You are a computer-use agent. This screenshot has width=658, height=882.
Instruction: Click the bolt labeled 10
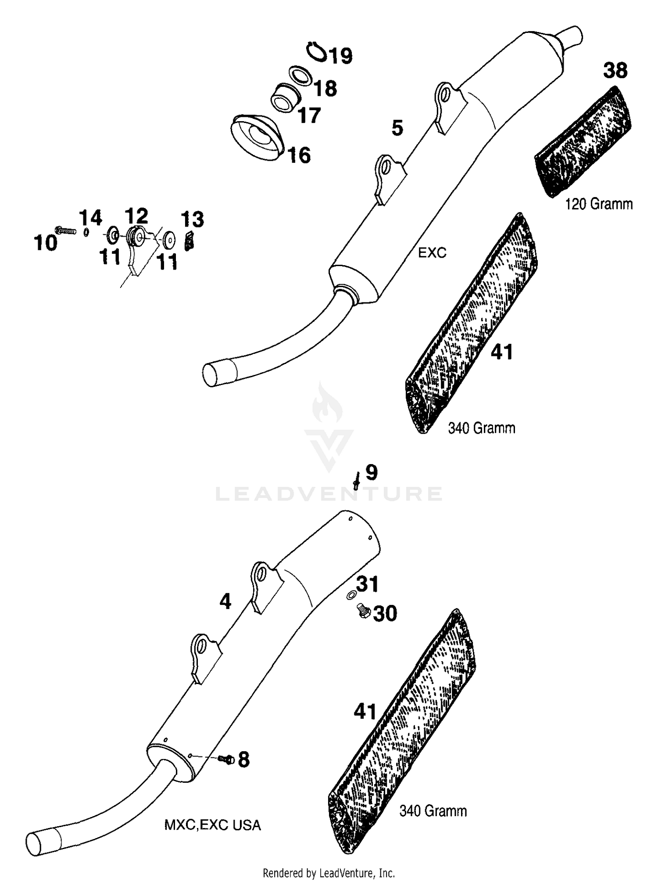65,230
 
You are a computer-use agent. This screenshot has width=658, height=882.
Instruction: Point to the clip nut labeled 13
189,241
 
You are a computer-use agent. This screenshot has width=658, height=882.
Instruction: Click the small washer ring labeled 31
351,596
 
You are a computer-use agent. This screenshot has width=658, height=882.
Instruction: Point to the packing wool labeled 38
583,141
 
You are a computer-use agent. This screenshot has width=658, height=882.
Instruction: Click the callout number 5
397,128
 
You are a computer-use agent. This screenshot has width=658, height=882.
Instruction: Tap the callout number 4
225,601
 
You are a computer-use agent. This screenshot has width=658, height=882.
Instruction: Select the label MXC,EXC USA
212,825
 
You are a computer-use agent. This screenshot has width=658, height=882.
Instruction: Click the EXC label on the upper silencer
432,252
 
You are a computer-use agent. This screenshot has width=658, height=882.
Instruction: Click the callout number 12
136,216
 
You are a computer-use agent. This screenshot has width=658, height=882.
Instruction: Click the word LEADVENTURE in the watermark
329,494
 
